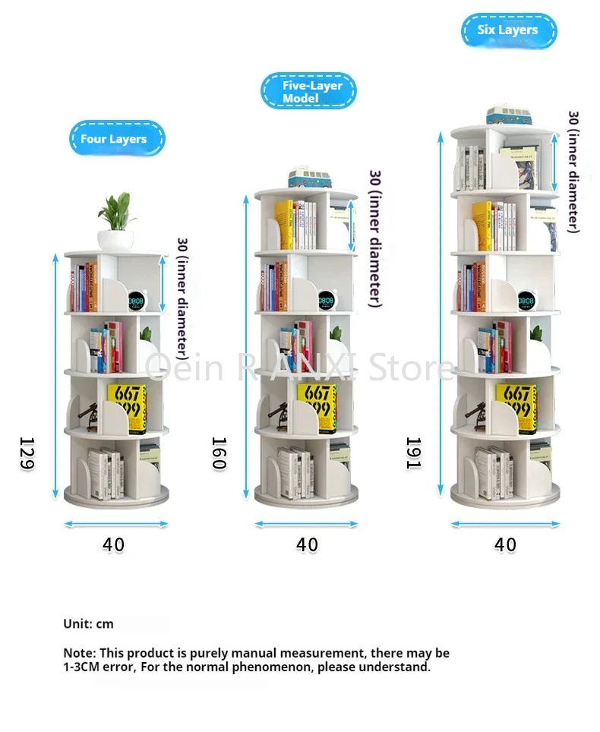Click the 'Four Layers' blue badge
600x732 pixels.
[x=116, y=139]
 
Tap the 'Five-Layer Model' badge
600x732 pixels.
[x=308, y=91]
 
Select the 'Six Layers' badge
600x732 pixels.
[x=508, y=30]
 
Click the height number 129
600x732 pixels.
[x=27, y=453]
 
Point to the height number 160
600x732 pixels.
[x=219, y=453]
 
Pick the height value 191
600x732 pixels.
[x=413, y=453]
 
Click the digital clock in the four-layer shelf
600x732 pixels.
[x=137, y=301]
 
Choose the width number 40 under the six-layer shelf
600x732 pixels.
[x=505, y=544]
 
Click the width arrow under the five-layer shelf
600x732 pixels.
[x=306, y=524]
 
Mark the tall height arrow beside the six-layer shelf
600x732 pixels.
[x=441, y=311]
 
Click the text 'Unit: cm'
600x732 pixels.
[x=88, y=623]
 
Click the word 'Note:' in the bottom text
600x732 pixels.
[x=79, y=653]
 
